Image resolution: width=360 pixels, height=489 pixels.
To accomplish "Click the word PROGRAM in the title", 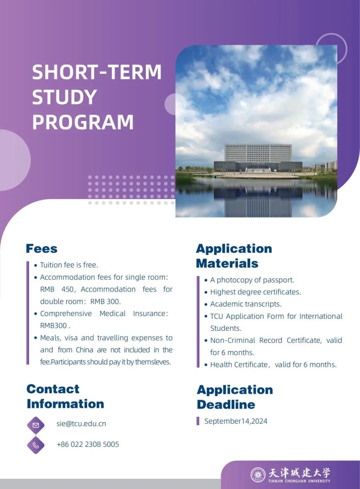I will [83, 122].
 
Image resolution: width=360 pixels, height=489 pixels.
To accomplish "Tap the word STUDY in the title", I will [64, 97].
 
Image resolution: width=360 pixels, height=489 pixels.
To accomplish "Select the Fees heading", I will [42, 249].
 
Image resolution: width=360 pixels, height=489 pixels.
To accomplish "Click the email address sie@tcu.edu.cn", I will [81, 424].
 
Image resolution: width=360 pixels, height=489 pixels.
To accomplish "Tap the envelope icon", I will [36, 425].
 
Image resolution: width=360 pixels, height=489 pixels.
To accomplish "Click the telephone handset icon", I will [36, 445].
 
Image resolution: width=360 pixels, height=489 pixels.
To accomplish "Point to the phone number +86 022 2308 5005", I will [88, 444].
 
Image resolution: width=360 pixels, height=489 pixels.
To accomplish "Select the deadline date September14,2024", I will [236, 421].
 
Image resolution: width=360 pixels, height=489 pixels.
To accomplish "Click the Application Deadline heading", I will [235, 397].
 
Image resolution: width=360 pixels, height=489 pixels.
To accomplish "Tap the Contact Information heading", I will [65, 396].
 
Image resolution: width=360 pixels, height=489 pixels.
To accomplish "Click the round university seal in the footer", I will [258, 475].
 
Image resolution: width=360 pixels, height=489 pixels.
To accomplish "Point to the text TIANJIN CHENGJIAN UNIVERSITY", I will [299, 481].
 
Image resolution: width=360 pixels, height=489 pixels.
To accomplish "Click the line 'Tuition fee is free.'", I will [69, 265].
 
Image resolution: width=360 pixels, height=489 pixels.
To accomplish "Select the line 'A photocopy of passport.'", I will [252, 280].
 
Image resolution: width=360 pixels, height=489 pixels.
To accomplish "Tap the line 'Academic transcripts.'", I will [246, 304].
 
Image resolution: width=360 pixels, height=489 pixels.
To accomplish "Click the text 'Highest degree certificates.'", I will [255, 292].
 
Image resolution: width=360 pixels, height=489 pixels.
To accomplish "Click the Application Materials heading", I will [234, 256].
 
